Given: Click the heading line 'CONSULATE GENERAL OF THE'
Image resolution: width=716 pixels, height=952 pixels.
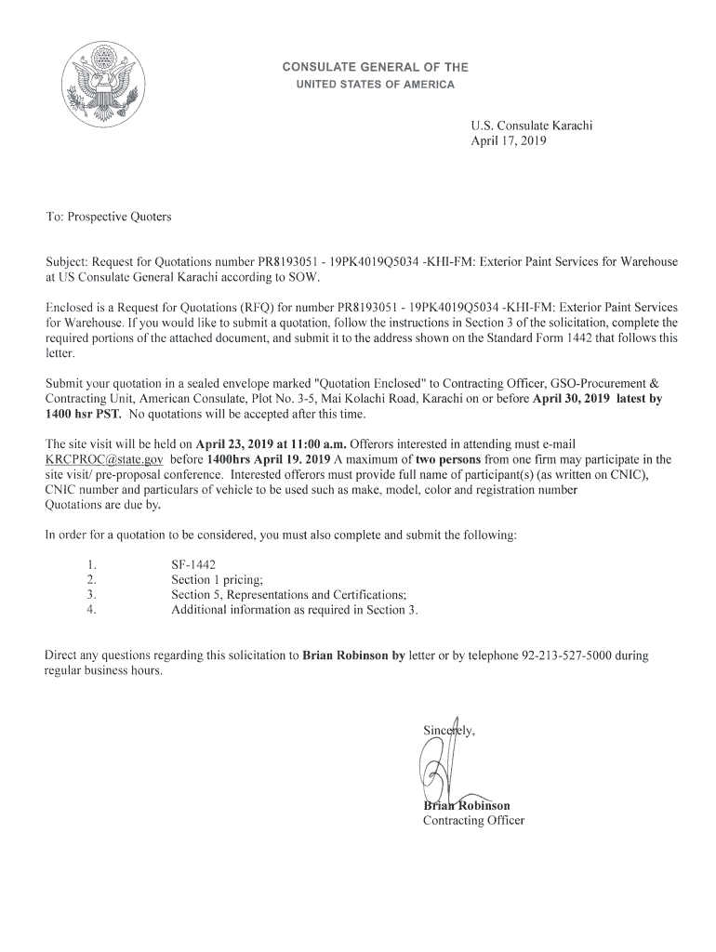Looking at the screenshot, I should click(x=375, y=68).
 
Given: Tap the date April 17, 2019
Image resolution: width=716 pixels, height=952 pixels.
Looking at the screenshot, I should click(x=509, y=142).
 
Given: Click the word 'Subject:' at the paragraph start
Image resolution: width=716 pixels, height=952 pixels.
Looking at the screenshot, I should click(x=70, y=261).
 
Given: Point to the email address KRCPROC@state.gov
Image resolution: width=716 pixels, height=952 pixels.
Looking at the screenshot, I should click(x=104, y=459).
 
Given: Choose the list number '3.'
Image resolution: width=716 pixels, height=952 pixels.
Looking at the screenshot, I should click(x=91, y=595).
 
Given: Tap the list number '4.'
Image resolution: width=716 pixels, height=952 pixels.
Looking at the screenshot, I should click(x=91, y=610).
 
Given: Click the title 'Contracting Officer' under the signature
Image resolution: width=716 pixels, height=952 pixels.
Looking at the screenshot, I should click(x=473, y=821).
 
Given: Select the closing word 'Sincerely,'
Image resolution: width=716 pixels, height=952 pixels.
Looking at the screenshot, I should click(x=449, y=730).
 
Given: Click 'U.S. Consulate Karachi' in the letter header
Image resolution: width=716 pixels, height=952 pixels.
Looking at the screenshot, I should click(x=532, y=126).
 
